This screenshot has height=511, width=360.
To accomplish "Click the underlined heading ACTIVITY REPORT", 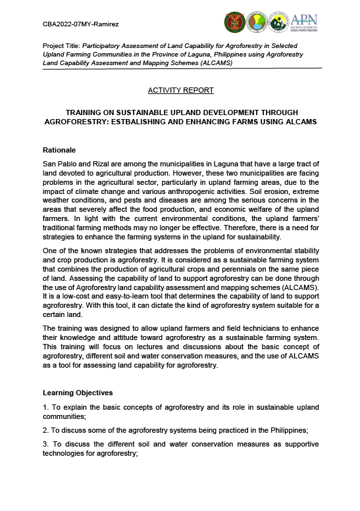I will coord(180,89).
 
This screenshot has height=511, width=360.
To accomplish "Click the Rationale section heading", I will coord(59,150).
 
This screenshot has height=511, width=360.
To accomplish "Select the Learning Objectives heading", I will coord(78,393).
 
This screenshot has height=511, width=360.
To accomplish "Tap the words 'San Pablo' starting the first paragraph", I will coord(59,162).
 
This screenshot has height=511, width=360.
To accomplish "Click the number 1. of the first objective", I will coord(45,407).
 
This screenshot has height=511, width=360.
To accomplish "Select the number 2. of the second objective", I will coord(45,429).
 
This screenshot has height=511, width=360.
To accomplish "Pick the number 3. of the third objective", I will coord(45,444).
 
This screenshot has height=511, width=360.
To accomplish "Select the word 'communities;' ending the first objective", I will coord(69,416).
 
